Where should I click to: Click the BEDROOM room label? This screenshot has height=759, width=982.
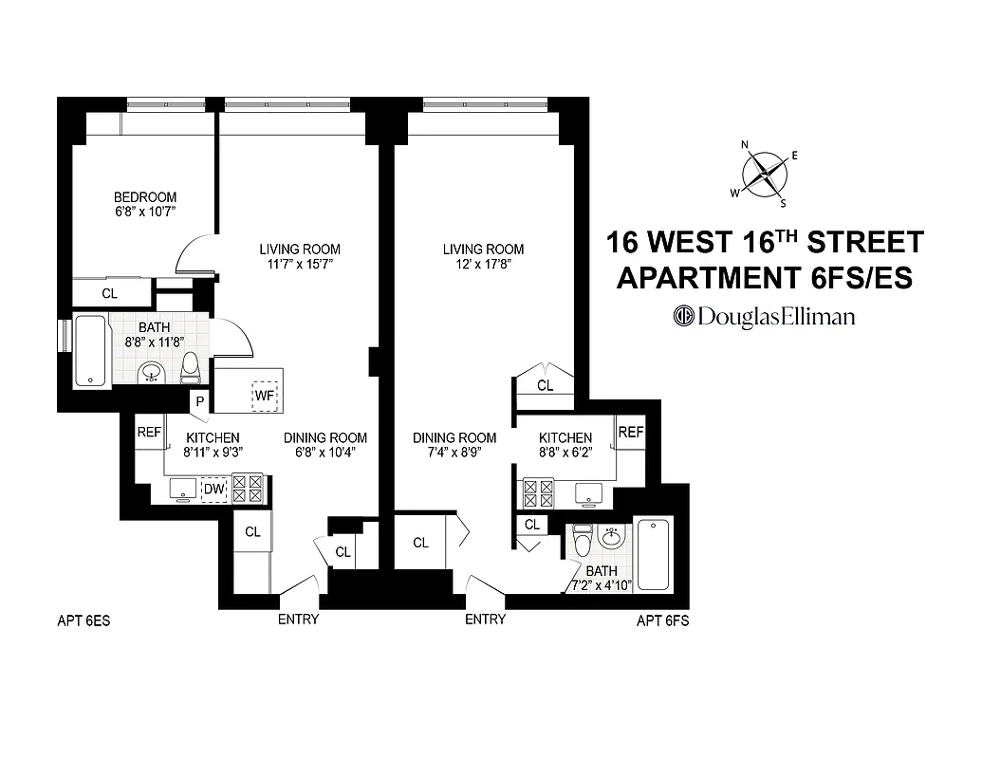(x=140, y=197)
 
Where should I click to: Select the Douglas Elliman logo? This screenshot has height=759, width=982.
(x=765, y=316)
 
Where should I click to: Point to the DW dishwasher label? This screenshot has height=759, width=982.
(x=213, y=488)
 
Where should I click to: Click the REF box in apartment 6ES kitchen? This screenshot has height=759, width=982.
(x=149, y=432)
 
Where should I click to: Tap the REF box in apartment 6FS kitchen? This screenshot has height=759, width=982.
(x=631, y=433)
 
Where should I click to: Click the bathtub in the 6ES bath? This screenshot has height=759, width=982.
(x=91, y=350)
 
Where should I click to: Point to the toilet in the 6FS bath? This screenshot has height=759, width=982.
(x=583, y=541)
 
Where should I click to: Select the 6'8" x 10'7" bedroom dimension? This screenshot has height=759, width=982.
(x=140, y=213)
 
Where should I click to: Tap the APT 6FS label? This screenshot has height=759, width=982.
(x=662, y=622)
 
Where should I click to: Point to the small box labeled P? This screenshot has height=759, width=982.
(x=199, y=400)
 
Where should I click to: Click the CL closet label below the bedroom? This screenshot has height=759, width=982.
(x=110, y=293)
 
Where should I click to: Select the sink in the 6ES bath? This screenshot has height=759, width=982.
(x=151, y=373)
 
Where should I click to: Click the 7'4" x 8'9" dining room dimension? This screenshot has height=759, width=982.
(x=454, y=453)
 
